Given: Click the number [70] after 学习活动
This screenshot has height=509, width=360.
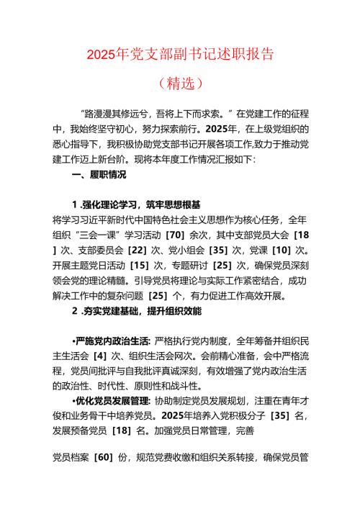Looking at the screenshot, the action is tap(176, 235).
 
